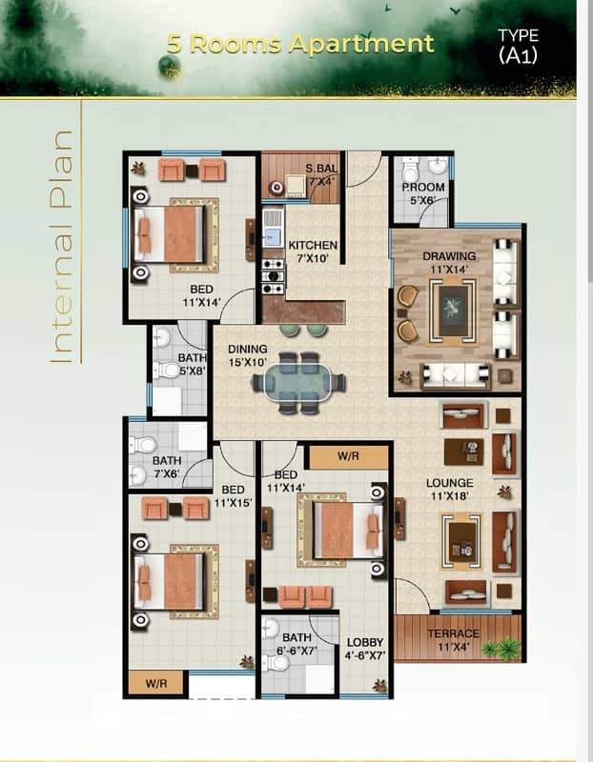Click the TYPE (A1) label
coord(518,46)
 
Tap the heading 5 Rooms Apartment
coord(300,44)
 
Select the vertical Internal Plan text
coord(61,245)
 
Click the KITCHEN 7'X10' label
coord(313,251)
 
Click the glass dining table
coord(298,383)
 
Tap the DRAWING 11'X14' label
coord(449,263)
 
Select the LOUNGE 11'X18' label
coord(449,490)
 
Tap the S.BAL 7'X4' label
coord(321,175)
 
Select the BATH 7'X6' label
coord(166,467)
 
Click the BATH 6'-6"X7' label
coord(296,644)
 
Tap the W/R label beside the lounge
coord(349,455)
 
